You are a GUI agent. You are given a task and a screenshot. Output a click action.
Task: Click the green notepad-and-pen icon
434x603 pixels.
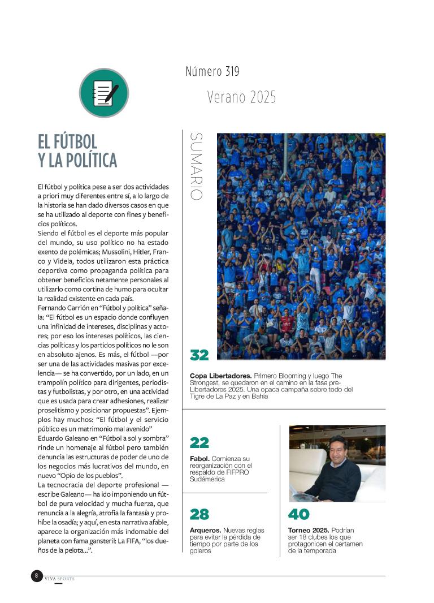point(104,93)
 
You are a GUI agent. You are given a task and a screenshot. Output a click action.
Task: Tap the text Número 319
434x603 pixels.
point(212,72)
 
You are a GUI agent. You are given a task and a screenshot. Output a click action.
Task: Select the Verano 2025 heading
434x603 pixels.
point(241,97)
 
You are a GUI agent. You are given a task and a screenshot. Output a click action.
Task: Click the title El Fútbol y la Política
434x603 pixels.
point(77,151)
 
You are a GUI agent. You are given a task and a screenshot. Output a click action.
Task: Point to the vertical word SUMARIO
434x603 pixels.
point(196,166)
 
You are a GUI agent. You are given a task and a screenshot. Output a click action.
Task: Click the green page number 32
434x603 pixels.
point(199,355)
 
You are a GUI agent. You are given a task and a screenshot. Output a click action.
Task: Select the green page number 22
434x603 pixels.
point(199,442)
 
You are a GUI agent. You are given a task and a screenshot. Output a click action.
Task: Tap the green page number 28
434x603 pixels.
point(199,514)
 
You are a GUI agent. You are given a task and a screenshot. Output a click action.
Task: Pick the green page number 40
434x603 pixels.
point(299,514)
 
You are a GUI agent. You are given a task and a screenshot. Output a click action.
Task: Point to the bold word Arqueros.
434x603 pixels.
point(205,530)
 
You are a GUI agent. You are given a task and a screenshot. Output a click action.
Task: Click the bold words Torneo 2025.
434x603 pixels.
point(309,530)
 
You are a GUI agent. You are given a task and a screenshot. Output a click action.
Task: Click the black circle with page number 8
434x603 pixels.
point(37,576)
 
